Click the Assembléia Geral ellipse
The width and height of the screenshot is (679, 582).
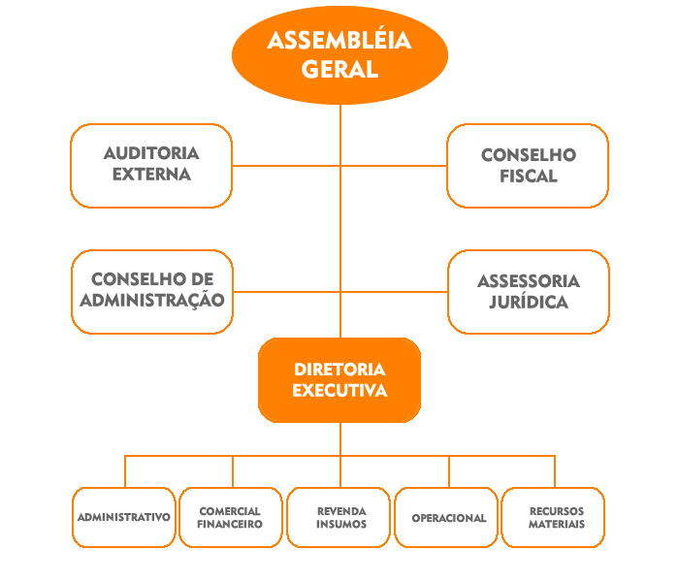[x=339, y=54]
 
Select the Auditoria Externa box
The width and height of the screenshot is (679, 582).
[x=151, y=165]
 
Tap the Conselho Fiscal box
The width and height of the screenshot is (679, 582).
[x=528, y=165]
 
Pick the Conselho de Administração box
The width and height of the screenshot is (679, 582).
[x=151, y=291]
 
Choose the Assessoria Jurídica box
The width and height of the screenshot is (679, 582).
[x=528, y=291]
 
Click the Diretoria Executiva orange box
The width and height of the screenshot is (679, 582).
[x=339, y=380]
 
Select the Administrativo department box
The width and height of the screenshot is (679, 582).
[x=124, y=517]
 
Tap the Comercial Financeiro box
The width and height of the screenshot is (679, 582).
[x=230, y=517]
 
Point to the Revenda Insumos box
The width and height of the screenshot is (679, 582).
[x=340, y=517]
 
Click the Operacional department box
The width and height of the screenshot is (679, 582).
[x=448, y=517]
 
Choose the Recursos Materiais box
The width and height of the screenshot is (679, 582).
[x=556, y=517]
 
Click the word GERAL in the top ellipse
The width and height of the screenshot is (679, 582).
[x=339, y=69]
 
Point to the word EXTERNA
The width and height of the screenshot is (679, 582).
[x=151, y=176]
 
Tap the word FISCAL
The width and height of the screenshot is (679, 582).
[x=529, y=177]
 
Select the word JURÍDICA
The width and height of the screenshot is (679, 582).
[x=529, y=302]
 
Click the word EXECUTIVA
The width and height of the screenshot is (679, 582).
[x=339, y=391]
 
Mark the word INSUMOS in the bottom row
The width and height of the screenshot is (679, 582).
[x=340, y=525]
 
